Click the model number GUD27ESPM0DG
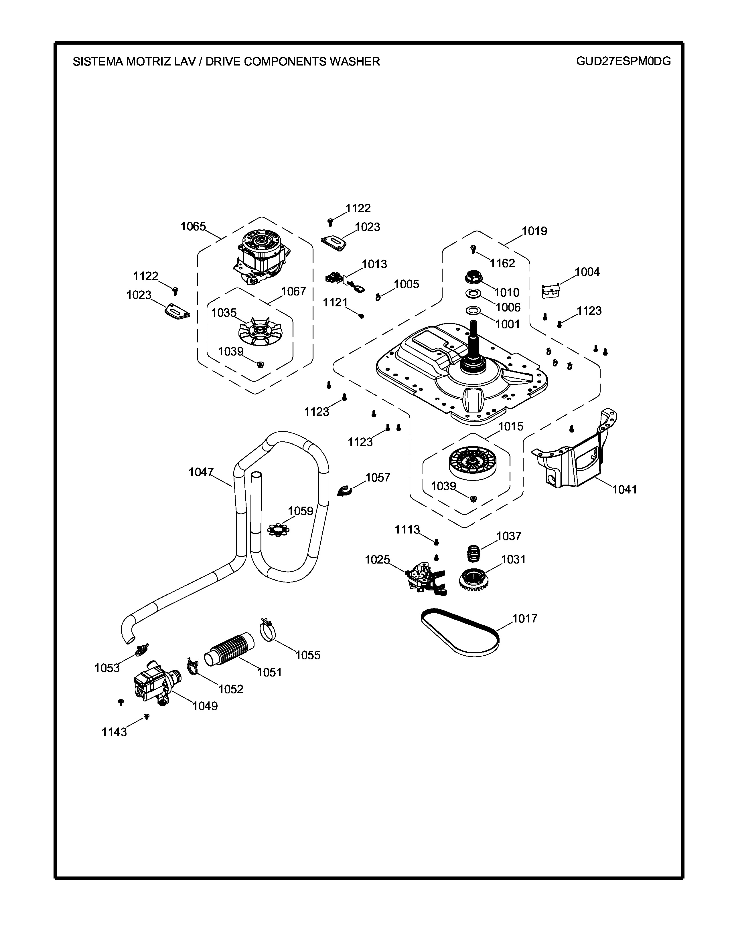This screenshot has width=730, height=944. click(x=623, y=62)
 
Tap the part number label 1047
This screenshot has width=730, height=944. click(x=201, y=472)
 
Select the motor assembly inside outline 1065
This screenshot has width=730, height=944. click(x=259, y=258)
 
